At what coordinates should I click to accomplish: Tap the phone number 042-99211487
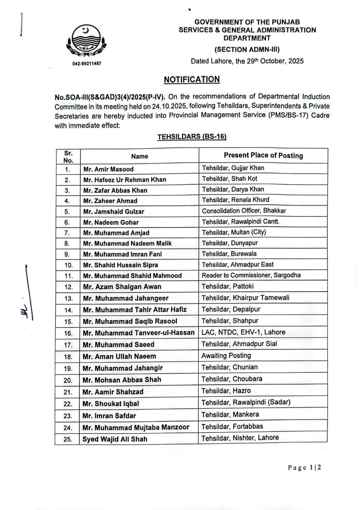(87, 63)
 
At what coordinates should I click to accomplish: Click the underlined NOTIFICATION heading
(192, 79)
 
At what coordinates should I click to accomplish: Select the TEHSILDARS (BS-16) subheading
(192, 137)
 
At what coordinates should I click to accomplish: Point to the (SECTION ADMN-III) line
(247, 49)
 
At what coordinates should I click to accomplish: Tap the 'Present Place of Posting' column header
(263, 155)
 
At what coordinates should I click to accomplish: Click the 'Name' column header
(140, 156)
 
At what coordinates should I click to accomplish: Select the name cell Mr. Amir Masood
(108, 169)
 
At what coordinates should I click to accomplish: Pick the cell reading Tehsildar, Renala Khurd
(235, 200)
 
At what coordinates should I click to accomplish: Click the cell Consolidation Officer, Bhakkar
(244, 211)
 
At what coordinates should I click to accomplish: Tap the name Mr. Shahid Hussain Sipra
(120, 265)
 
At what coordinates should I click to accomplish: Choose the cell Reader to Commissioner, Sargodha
(251, 275)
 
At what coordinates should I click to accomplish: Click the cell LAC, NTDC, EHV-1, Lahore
(243, 332)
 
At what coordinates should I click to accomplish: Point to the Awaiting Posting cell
(226, 355)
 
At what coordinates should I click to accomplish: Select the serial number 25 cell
(68, 439)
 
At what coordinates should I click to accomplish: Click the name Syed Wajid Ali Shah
(115, 439)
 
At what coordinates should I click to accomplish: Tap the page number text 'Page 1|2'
(304, 468)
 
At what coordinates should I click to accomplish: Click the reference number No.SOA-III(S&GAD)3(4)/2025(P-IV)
(110, 97)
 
